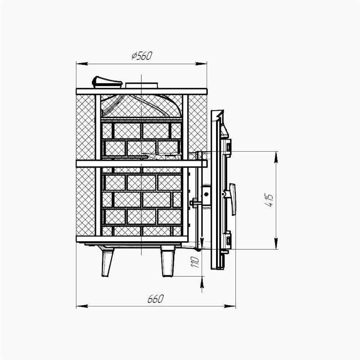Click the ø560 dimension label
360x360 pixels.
pos(142,56)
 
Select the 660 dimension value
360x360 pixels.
pos(155,299)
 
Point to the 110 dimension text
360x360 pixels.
pos(195,262)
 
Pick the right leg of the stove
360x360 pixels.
pos(168,261)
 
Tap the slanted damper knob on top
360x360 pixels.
pos(107,82)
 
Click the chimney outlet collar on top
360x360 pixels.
pos(142,85)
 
